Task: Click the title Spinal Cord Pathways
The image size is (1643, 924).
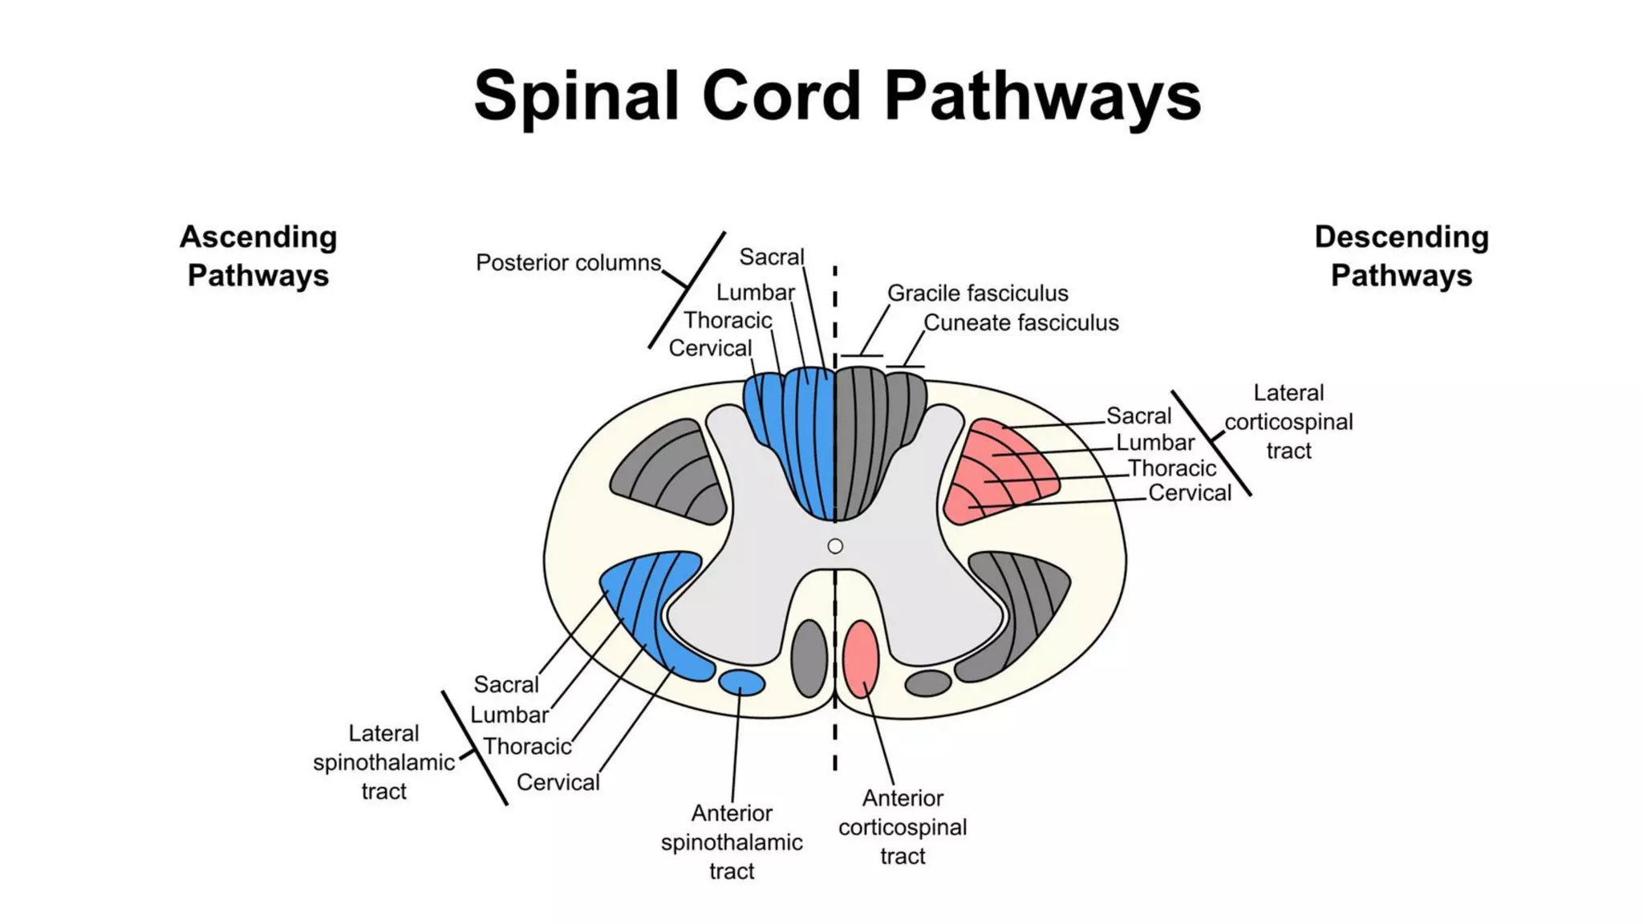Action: tap(837, 96)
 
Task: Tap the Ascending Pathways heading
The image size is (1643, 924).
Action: tap(258, 256)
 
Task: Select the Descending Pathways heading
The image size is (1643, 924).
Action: tap(1401, 256)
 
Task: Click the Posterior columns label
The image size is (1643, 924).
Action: tap(568, 263)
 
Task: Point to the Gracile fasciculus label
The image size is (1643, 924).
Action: tap(977, 294)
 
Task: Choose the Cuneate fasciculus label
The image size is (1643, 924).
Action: tap(1020, 323)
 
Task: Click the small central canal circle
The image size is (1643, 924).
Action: tap(835, 546)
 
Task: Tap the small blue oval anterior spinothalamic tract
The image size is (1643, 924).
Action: tap(741, 683)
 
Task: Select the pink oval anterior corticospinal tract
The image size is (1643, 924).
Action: tap(861, 658)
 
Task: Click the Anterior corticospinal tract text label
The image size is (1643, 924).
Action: tap(903, 827)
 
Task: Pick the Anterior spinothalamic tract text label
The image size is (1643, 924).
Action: tap(732, 842)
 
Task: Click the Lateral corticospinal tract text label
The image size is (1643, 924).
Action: tap(1288, 422)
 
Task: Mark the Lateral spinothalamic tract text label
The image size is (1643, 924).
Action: tap(383, 762)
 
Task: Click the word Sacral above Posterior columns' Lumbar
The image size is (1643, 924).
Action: tap(771, 257)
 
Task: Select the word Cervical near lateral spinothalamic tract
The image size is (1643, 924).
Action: tap(558, 783)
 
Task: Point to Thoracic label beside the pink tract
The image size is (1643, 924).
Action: tap(1171, 468)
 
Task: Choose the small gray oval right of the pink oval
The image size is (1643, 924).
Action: tap(928, 683)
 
